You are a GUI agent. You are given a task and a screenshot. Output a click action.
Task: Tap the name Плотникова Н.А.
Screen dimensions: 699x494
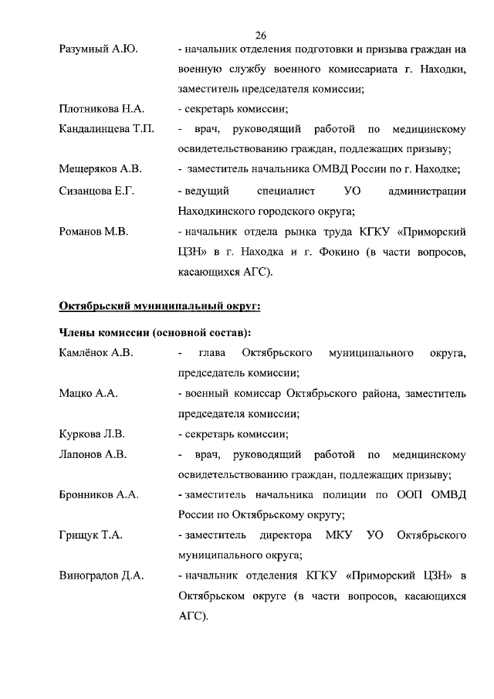point(102,109)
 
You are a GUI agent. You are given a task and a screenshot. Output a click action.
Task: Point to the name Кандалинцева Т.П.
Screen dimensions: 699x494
point(107,129)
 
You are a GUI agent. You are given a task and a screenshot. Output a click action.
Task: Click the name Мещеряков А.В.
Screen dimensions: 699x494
point(100,169)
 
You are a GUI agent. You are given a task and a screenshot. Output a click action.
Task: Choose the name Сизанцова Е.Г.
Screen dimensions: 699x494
point(97,190)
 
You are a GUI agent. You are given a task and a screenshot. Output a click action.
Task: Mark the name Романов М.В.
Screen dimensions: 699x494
point(94,231)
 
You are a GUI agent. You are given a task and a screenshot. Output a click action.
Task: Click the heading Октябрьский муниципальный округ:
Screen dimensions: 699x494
point(160,307)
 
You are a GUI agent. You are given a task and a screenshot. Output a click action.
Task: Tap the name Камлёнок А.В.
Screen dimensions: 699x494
point(97,353)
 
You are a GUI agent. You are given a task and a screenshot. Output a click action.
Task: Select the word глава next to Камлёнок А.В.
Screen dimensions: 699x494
point(212,353)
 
